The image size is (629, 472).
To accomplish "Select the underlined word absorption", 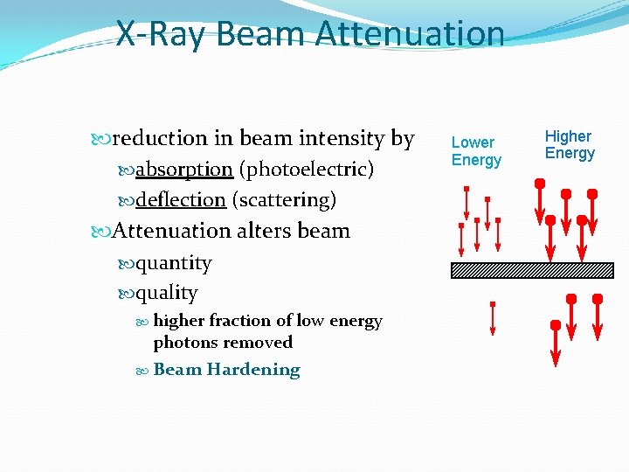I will [183, 169].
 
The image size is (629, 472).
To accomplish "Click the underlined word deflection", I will [181, 200].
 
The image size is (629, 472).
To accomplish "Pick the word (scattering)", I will [284, 200].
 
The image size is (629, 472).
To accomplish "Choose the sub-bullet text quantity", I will [173, 263].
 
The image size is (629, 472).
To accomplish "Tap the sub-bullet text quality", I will [166, 294].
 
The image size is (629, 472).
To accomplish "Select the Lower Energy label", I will [476, 151].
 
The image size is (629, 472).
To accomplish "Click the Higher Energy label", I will [570, 145].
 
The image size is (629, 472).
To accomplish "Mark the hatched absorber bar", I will [532, 270].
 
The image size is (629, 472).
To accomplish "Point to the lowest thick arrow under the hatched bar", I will [556, 344].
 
